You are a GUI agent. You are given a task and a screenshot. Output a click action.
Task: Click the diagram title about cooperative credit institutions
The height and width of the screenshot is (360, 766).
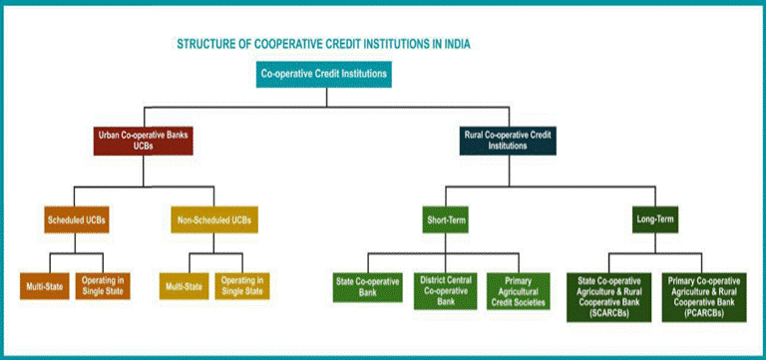(x=323, y=45)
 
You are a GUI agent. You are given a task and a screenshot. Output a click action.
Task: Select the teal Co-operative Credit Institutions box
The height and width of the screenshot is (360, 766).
(x=324, y=74)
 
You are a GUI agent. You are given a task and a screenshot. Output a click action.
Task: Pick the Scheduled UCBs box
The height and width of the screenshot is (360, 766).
(x=77, y=218)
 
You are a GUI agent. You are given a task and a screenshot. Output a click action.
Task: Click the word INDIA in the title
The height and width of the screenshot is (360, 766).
(x=455, y=45)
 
